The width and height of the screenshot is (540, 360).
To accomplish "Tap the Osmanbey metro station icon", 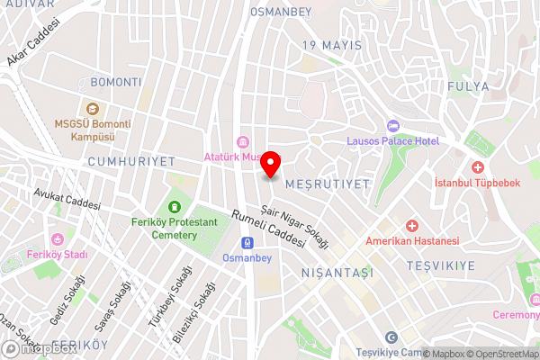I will [247, 242].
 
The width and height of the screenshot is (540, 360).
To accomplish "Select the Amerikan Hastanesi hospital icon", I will [412, 225].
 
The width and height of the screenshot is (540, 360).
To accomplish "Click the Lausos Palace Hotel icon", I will [391, 126].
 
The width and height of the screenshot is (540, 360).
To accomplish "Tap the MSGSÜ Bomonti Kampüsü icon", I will [92, 108].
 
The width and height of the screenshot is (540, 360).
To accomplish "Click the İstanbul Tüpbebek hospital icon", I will [477, 167].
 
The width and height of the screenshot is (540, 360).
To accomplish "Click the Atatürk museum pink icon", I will [241, 142].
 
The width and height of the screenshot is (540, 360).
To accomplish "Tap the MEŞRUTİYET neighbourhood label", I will [327, 184].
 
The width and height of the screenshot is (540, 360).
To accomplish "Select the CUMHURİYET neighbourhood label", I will [130, 160].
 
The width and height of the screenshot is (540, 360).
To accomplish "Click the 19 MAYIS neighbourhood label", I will [332, 45].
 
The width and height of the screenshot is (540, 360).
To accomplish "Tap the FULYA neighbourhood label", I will [467, 86].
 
